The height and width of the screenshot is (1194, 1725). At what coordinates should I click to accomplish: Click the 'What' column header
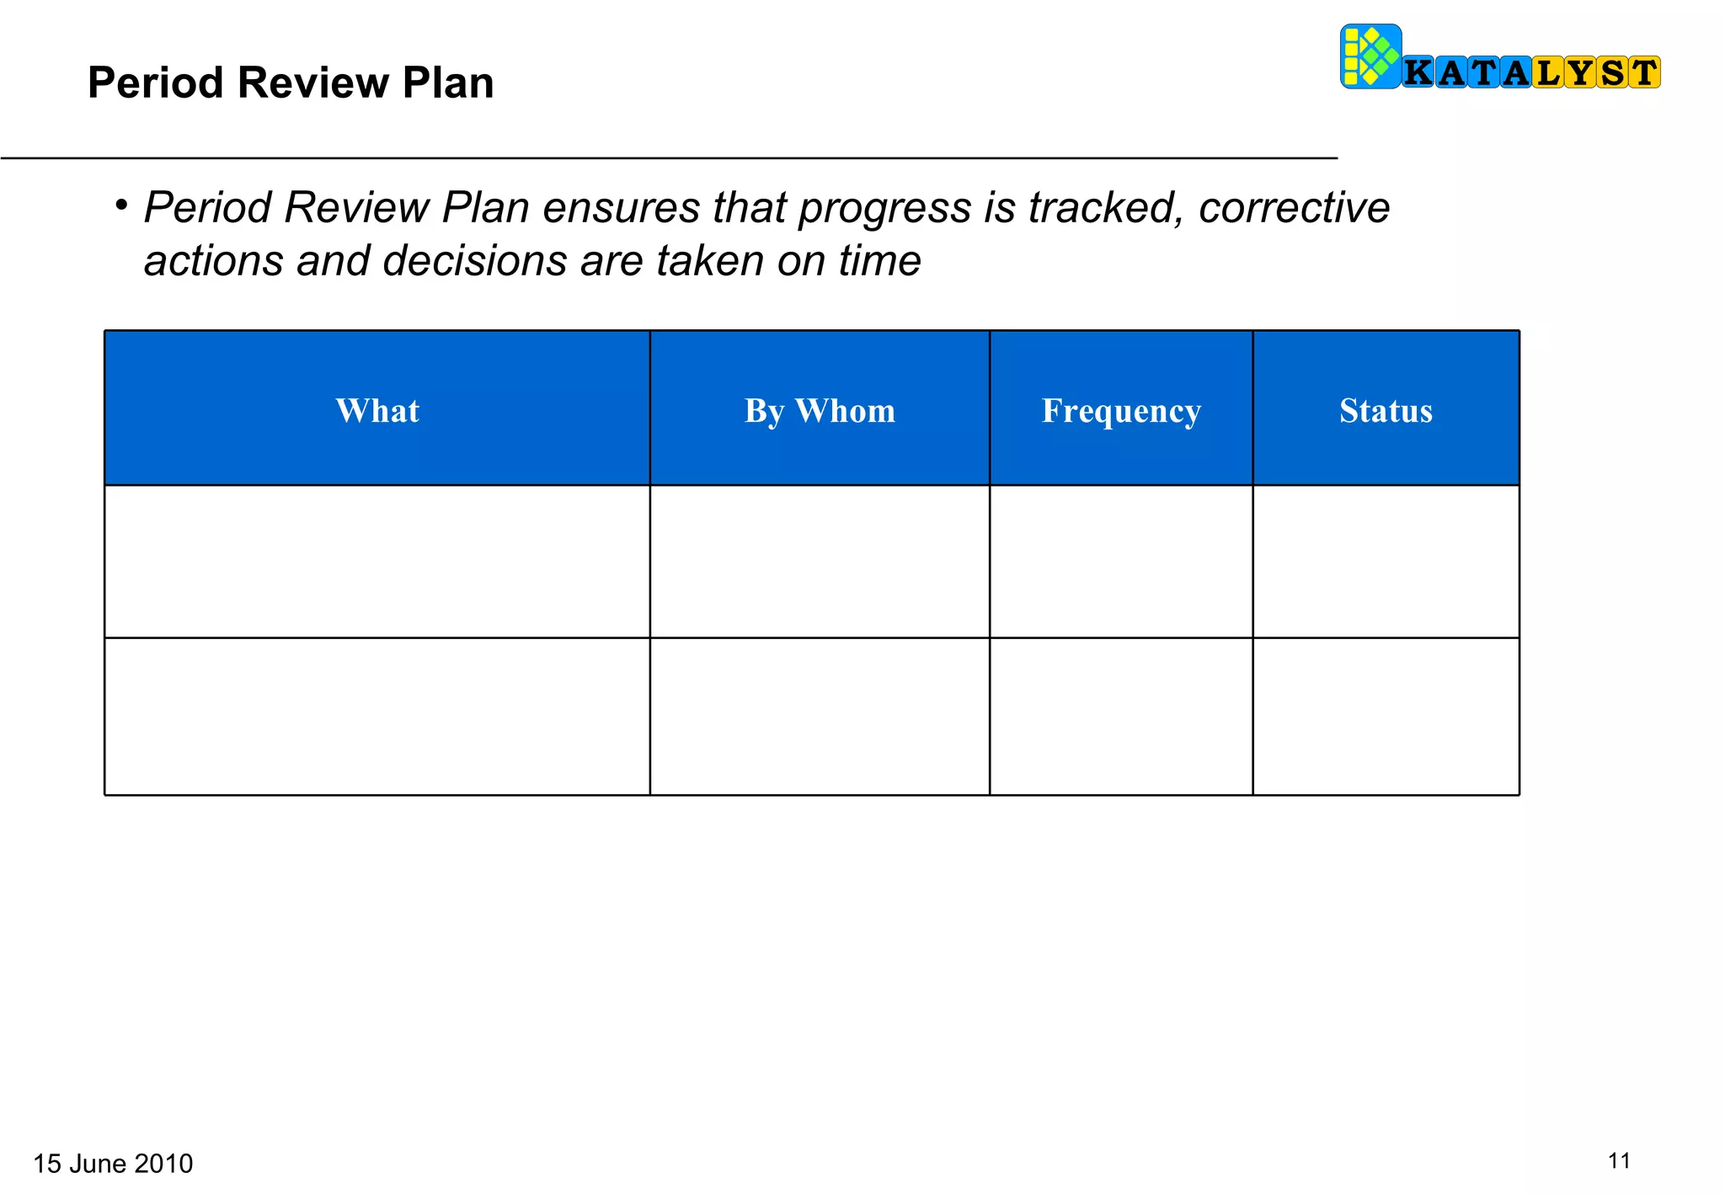click(377, 411)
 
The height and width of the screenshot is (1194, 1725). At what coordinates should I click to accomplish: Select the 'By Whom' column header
click(820, 411)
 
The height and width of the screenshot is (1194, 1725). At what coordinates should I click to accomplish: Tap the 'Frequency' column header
click(1121, 411)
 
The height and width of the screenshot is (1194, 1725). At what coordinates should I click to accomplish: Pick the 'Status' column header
click(1386, 411)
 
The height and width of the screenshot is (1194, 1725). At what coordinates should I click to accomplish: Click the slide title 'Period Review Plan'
click(291, 83)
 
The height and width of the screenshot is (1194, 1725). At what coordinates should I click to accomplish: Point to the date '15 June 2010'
click(113, 1164)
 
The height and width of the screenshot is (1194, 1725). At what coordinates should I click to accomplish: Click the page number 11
click(1619, 1161)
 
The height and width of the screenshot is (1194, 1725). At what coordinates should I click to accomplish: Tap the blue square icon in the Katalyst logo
click(1370, 56)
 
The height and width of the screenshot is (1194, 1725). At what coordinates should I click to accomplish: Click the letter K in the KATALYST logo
click(1418, 73)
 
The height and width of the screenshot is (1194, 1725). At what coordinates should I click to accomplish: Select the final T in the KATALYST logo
click(1643, 73)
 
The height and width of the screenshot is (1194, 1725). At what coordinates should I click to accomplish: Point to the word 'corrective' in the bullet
click(1294, 208)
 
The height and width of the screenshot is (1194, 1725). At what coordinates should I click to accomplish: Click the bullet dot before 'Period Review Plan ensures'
click(121, 205)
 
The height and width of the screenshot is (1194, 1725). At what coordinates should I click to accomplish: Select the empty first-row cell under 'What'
click(377, 562)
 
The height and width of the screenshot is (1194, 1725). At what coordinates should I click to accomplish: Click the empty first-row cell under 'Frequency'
click(1121, 562)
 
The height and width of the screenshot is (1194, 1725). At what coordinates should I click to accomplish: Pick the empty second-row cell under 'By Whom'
click(820, 717)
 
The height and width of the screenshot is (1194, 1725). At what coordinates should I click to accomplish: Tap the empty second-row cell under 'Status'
click(1386, 717)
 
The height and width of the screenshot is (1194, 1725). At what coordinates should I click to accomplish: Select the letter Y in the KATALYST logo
click(1579, 73)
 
